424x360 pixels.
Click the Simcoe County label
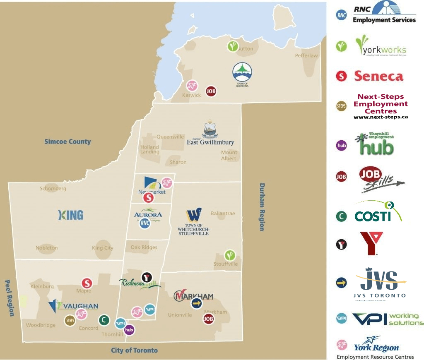[x=67, y=142]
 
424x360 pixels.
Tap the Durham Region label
[x=262, y=207]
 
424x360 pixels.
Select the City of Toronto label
[x=134, y=350]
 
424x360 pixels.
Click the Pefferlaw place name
[x=306, y=55]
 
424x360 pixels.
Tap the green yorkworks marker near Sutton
[x=233, y=46]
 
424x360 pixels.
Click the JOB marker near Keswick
[x=211, y=91]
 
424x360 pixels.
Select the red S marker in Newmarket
[x=148, y=198]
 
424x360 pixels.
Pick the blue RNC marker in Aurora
[x=145, y=223]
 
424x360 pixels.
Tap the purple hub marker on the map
[x=130, y=330]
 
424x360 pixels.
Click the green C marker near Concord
[x=104, y=319]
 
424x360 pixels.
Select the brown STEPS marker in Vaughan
[x=70, y=320]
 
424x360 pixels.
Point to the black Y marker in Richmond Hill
[x=146, y=277]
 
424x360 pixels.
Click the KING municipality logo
[x=71, y=215]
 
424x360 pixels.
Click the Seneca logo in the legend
[x=378, y=76]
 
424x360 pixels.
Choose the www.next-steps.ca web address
[x=381, y=117]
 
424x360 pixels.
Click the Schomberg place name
[x=53, y=188]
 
